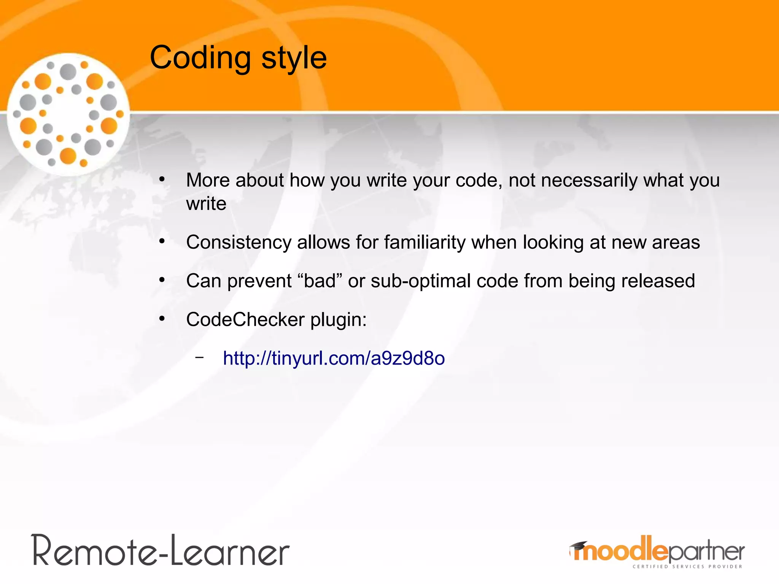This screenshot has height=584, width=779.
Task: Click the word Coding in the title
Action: click(x=200, y=58)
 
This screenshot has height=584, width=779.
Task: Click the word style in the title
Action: click(x=294, y=58)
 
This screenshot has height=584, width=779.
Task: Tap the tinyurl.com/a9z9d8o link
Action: click(x=334, y=359)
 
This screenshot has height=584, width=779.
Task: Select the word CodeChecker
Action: click(x=245, y=319)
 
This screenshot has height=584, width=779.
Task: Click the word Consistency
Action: click(x=238, y=243)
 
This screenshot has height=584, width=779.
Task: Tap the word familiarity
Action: click(x=425, y=243)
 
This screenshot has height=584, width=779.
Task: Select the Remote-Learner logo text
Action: click(x=161, y=551)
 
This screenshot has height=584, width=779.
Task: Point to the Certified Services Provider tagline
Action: click(x=687, y=567)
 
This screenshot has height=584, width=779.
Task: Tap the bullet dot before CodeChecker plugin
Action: click(x=162, y=318)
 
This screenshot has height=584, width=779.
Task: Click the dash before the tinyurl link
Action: click(x=199, y=357)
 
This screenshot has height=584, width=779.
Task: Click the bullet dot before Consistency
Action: click(x=162, y=241)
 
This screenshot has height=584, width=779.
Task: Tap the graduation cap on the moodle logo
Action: click(x=578, y=546)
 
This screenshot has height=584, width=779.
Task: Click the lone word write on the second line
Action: click(x=206, y=204)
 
